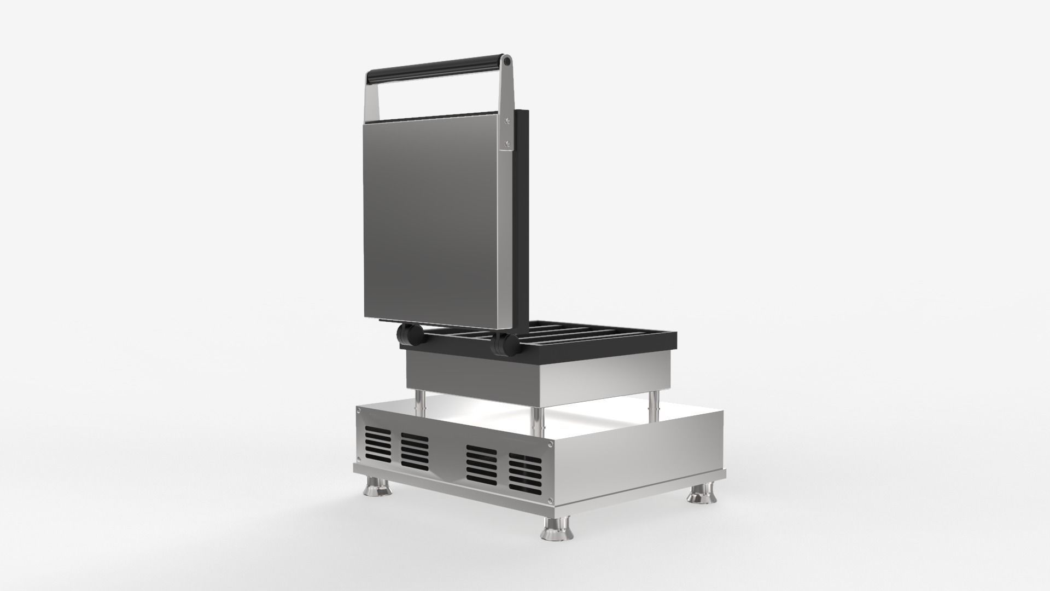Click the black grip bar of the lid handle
tap(437, 69)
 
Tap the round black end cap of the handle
tap(507, 61)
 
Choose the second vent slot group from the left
tap(415, 451)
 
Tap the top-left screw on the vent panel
tap(359, 412)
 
